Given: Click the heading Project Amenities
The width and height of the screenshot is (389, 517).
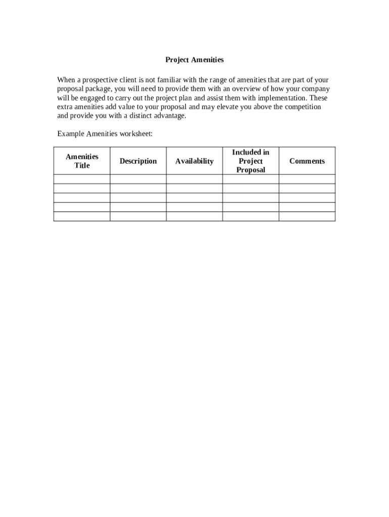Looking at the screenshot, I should (194, 60).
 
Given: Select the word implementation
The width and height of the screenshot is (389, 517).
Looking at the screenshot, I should (282, 98).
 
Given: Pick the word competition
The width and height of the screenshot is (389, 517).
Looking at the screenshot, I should (302, 107).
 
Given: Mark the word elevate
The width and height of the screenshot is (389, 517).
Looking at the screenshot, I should (227, 107).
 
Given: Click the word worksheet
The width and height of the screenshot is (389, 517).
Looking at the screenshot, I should (135, 134).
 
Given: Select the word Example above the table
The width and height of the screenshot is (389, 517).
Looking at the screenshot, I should (70, 134).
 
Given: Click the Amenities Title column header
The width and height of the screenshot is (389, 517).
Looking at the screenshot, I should (82, 161).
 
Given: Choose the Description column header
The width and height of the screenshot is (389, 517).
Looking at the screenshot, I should (138, 161).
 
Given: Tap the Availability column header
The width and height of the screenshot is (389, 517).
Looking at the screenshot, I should (194, 161).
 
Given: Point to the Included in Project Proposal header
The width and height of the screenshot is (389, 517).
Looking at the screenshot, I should (251, 161).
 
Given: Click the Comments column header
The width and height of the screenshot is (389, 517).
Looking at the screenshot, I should (307, 161).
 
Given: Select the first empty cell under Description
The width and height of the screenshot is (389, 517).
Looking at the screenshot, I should (138, 179).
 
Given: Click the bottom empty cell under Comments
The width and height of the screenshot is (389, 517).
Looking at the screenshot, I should (307, 216).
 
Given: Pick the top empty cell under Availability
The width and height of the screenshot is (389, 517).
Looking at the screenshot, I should (194, 179).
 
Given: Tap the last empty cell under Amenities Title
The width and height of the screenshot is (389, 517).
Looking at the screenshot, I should (82, 216).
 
